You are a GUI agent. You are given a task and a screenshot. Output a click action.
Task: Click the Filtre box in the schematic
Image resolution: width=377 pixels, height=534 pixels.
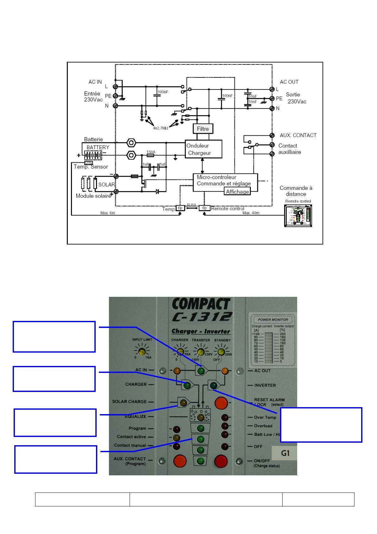pyautogui.click(x=203, y=129)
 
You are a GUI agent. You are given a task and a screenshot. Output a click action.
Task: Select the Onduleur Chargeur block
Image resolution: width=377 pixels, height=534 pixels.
pyautogui.click(x=203, y=149)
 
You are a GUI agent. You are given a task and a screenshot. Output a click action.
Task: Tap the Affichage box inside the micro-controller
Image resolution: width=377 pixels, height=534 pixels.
pyautogui.click(x=237, y=192)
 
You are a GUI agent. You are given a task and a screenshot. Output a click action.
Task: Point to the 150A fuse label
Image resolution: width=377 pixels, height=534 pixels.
pyautogui.click(x=151, y=152)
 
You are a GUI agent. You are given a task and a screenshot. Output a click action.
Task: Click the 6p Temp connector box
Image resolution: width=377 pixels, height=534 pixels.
pyautogui.click(x=180, y=208)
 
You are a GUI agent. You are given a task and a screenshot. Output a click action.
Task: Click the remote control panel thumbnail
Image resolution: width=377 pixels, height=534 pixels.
pyautogui.click(x=298, y=216)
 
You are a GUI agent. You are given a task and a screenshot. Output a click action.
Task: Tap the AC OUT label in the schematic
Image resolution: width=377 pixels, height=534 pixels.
pyautogui.click(x=289, y=82)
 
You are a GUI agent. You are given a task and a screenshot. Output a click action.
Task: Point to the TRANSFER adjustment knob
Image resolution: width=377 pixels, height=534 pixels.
pyautogui.click(x=200, y=352)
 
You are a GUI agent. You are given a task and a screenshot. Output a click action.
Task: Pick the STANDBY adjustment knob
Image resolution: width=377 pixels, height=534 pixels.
pyautogui.click(x=221, y=351)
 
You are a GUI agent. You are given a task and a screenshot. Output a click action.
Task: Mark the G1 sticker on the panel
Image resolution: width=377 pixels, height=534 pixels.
pyautogui.click(x=285, y=453)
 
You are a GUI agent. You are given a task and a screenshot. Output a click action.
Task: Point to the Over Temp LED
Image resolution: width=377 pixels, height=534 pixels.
pyautogui.click(x=225, y=417)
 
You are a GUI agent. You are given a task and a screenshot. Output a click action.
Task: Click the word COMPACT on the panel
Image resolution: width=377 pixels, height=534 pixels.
pyautogui.click(x=201, y=305)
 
